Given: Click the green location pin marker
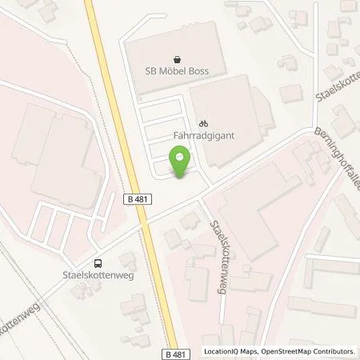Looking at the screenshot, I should [181, 162].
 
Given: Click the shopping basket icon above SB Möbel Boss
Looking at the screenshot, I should [177, 58].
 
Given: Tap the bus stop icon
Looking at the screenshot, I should [98, 263].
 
